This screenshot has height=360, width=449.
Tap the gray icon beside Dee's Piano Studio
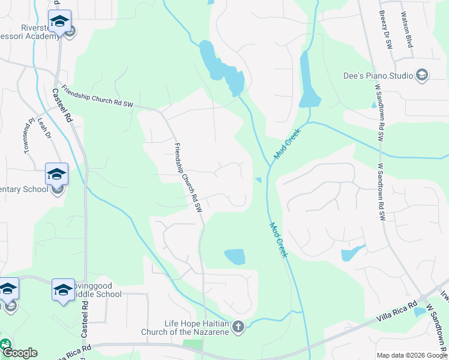coord(422,75)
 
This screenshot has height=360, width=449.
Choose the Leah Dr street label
coord(43,127)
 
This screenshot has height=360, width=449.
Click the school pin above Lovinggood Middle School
coord(63,290)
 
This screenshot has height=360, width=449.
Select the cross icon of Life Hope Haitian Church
coord(238,327)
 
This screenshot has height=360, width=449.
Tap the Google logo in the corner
coord(19,353)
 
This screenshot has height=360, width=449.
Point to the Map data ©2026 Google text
coord(412,355)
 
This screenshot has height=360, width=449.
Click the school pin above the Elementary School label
coord(57,174)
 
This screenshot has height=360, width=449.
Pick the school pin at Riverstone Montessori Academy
coord(59,21)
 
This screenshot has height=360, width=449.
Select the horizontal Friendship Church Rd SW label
coord(96,96)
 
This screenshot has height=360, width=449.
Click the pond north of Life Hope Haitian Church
coord(235,257)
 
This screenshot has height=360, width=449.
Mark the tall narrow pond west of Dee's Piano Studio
coord(309,78)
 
